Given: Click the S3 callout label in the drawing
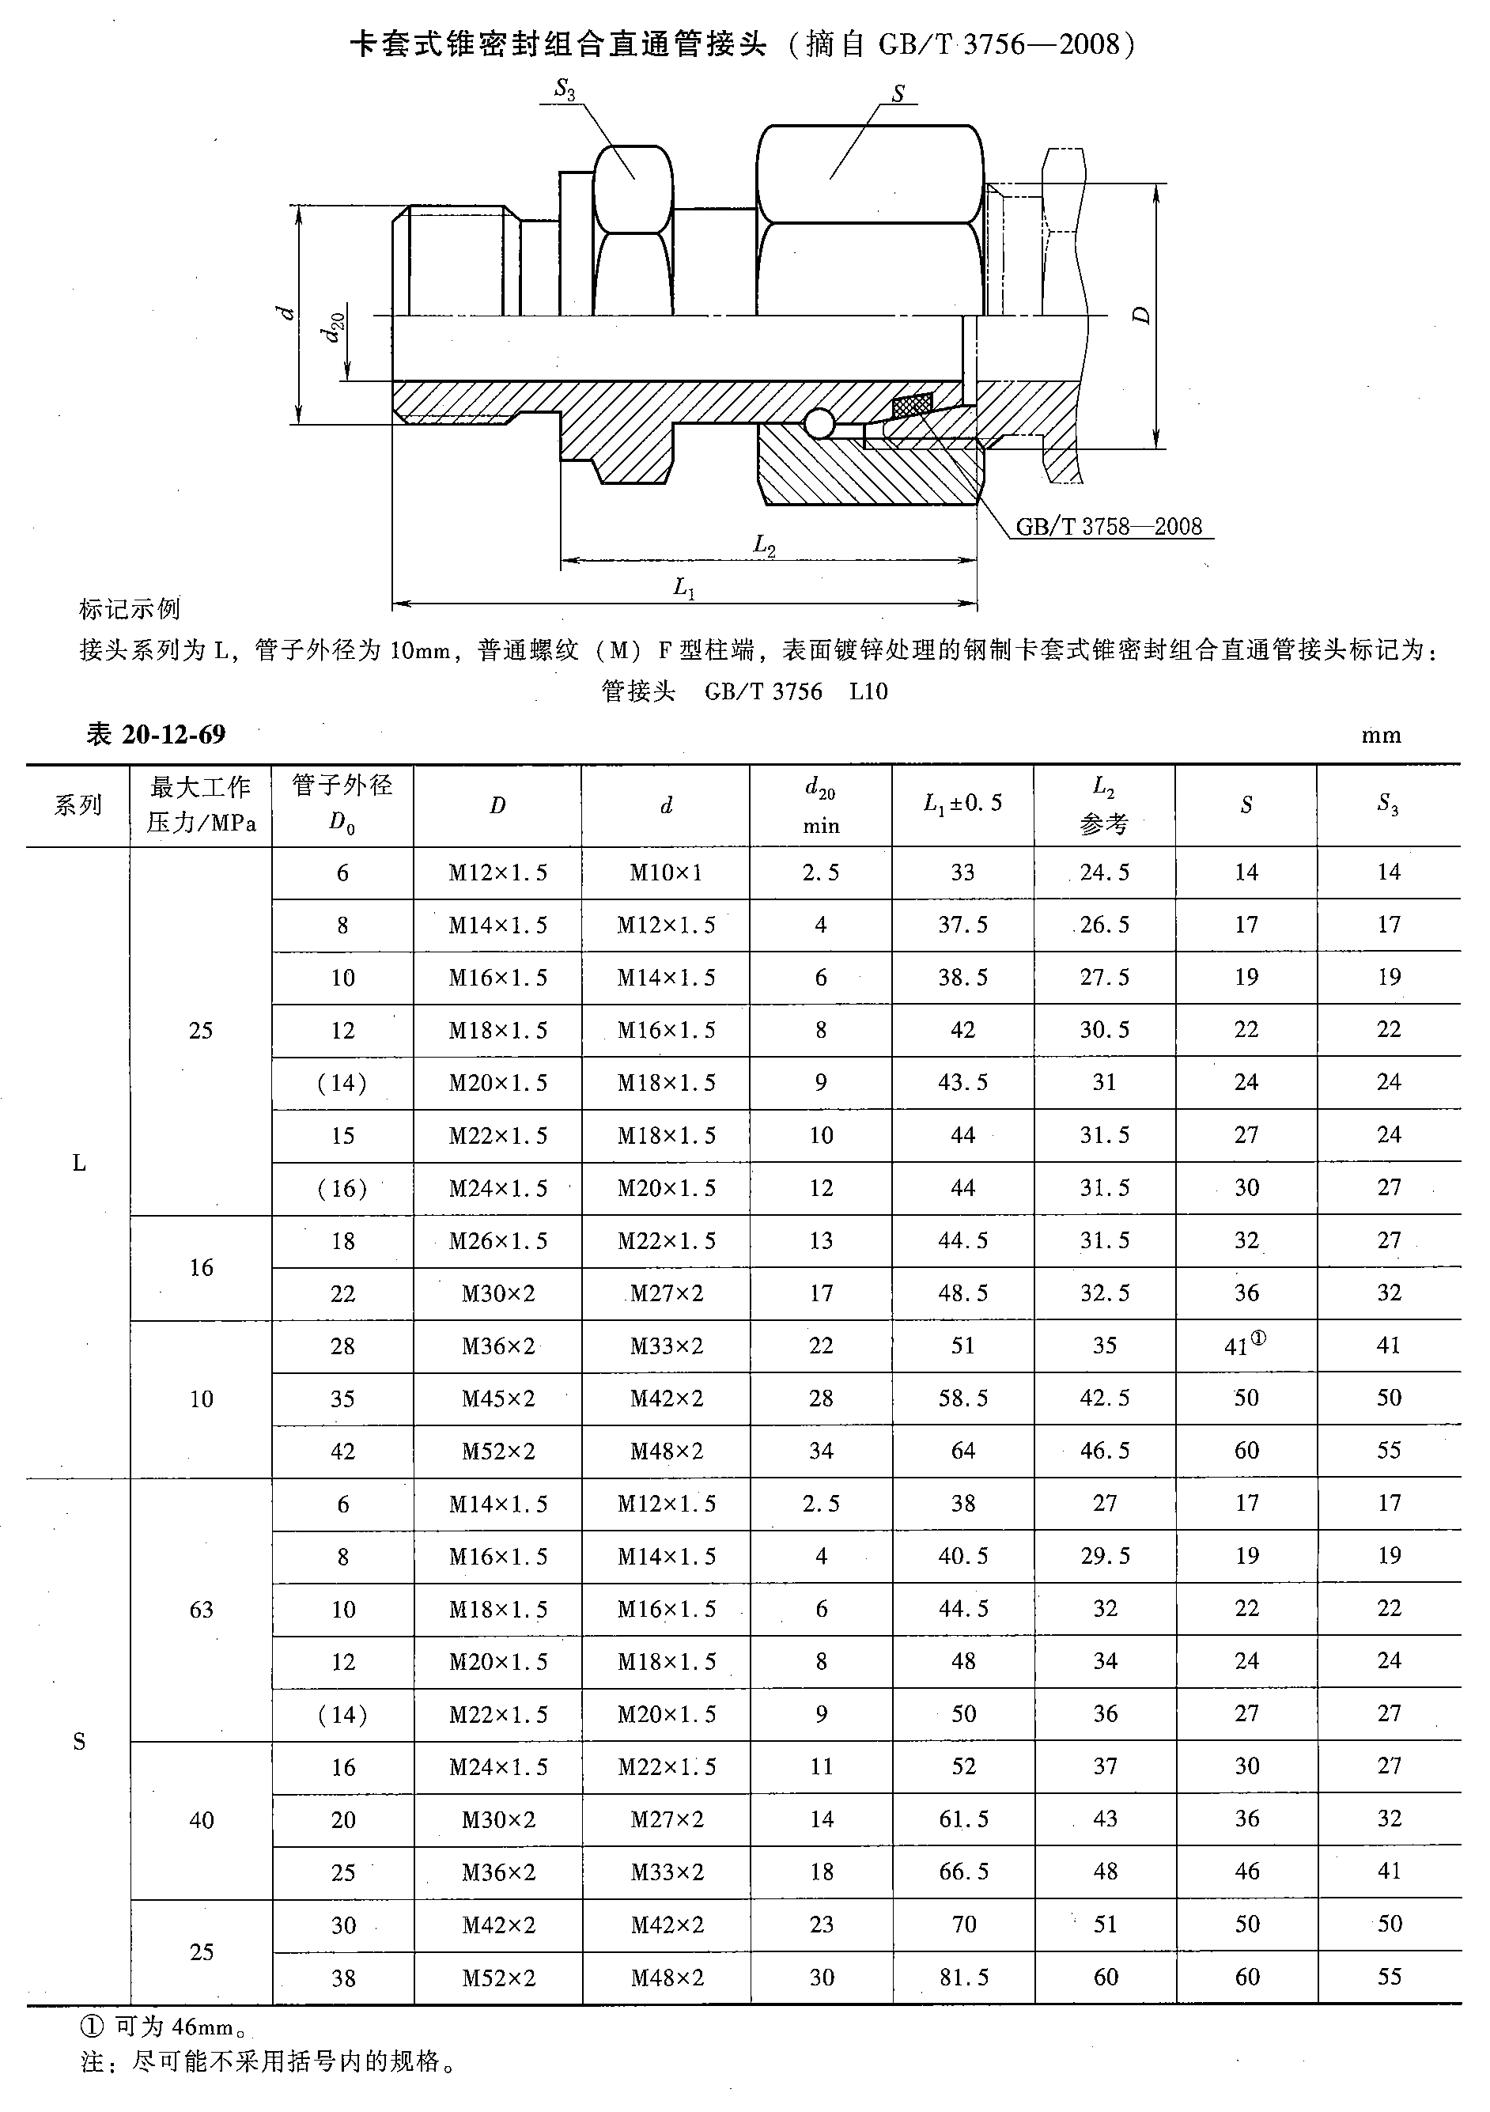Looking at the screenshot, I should [x=564, y=89].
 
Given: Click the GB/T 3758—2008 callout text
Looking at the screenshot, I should [x=1108, y=526].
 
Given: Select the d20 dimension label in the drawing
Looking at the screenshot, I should [x=335, y=327].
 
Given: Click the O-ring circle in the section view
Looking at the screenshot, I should [x=818, y=424].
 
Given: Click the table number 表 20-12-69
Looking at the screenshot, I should [x=156, y=734].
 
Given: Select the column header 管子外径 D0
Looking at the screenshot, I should [x=342, y=804].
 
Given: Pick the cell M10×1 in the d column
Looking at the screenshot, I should [x=666, y=872].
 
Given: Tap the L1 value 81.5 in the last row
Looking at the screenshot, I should [x=963, y=1977].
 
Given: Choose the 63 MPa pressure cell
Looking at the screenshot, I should [x=201, y=1609].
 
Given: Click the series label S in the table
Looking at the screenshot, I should [x=79, y=1740].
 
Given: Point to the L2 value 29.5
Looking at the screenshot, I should [x=1105, y=1555].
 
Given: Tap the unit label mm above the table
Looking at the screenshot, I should [x=1381, y=735].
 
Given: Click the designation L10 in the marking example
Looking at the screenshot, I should [x=868, y=691].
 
